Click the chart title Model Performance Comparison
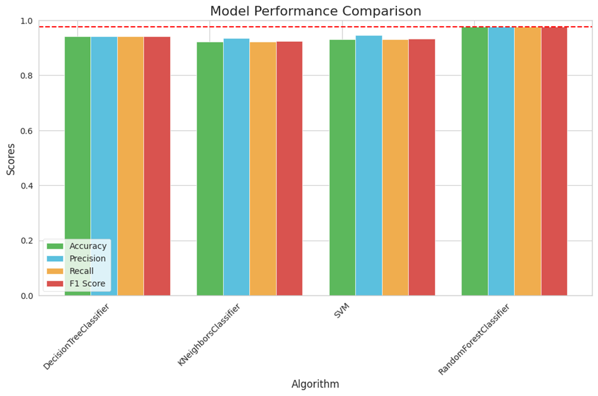pyautogui.click(x=315, y=11)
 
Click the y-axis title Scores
pyautogui.click(x=11, y=158)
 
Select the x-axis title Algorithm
pyautogui.click(x=315, y=384)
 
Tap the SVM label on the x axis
pyautogui.click(x=342, y=312)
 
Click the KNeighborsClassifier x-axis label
pyautogui.click(x=209, y=335)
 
